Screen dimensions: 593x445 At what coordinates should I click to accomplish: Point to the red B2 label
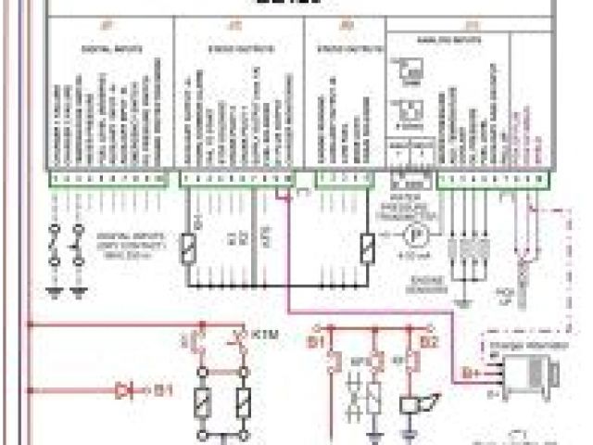tap(429, 342)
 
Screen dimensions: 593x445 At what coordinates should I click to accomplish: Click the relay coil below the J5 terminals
tap(369, 248)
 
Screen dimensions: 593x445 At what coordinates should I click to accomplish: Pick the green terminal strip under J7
tap(108, 177)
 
